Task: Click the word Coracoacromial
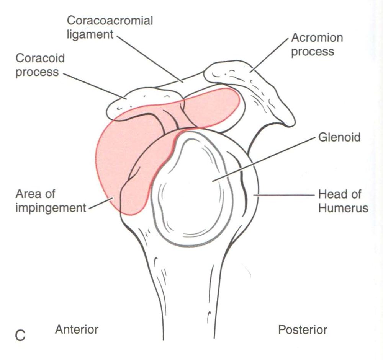click(x=110, y=21)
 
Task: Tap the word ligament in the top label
click(x=90, y=35)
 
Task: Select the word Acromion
click(x=317, y=38)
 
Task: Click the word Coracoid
click(x=40, y=58)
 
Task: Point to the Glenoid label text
click(x=339, y=137)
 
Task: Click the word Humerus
click(x=343, y=208)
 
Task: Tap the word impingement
click(x=51, y=208)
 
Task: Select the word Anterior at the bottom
click(x=77, y=329)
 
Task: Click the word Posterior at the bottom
click(x=303, y=330)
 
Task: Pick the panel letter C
click(x=20, y=336)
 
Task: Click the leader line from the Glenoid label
click(x=264, y=159)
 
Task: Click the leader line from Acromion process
click(x=269, y=55)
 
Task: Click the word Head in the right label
click(x=330, y=194)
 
